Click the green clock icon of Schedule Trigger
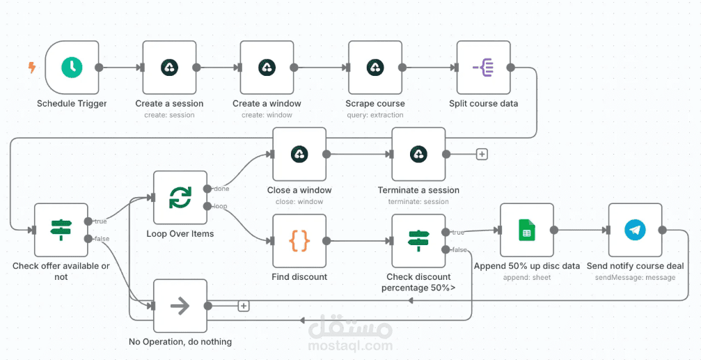(72, 68)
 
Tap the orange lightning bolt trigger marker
(32, 68)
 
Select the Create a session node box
(169, 68)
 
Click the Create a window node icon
(267, 68)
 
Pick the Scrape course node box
(375, 68)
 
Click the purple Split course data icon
(483, 68)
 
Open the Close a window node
(299, 155)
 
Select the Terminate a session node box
(419, 155)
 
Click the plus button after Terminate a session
(482, 155)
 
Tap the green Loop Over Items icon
(180, 198)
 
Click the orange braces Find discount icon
(299, 241)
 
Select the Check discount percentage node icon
(419, 241)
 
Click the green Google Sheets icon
(527, 230)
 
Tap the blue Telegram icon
(636, 230)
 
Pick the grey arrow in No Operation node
(180, 306)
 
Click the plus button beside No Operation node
(243, 306)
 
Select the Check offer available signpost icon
(61, 230)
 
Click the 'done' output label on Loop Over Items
(221, 189)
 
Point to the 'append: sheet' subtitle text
(527, 277)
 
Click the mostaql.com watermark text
(350, 345)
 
